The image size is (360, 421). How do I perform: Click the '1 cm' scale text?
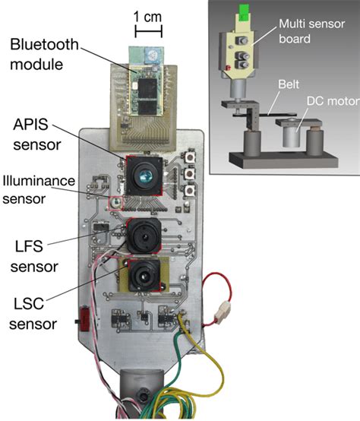(x=148, y=16)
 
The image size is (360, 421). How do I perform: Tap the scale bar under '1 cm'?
(x=147, y=31)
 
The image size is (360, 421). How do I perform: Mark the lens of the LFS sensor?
(x=141, y=236)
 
